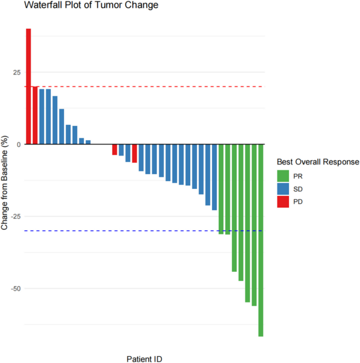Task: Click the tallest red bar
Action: [28, 86]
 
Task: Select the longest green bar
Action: [261, 240]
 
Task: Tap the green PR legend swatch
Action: [283, 176]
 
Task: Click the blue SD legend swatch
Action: [283, 189]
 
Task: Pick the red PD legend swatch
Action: [283, 202]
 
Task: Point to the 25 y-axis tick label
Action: [17, 72]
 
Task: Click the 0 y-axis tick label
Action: [19, 145]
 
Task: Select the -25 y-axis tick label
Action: [16, 217]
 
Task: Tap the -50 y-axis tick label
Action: [16, 289]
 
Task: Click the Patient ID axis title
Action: [144, 359]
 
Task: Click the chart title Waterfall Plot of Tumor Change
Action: [91, 5]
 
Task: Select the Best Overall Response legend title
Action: [318, 162]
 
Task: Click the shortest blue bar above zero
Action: [88, 142]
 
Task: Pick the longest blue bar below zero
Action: [214, 177]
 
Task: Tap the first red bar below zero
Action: [115, 150]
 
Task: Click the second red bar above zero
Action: [35, 115]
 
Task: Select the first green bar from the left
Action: [221, 189]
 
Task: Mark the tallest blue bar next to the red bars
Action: [42, 117]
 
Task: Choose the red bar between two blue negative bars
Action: [134, 153]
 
